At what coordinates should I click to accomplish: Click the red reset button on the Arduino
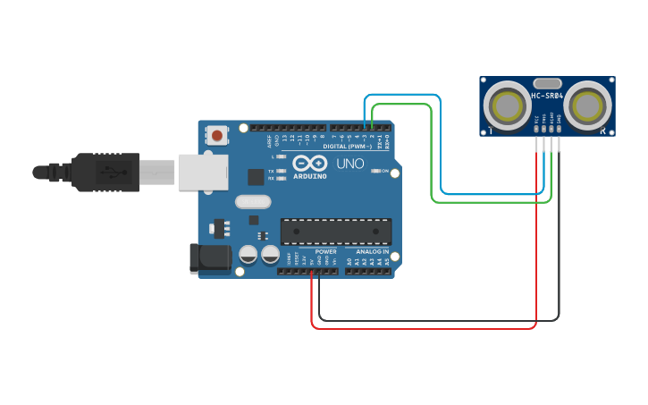coord(216,136)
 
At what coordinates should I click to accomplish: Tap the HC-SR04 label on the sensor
coord(547,96)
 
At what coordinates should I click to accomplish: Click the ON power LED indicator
coord(375,171)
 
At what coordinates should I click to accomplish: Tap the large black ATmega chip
coord(335,232)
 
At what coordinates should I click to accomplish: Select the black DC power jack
coord(209,258)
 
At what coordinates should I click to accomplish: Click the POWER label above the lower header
coord(325,252)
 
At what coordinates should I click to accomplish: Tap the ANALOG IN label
coord(372,252)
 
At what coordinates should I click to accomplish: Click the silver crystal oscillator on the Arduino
coord(253,202)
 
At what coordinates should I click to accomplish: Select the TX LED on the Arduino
coord(281,170)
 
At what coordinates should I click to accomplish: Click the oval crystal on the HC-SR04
coord(547,82)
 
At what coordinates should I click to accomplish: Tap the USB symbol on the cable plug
coord(112,172)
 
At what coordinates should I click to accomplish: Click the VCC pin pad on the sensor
coord(536,129)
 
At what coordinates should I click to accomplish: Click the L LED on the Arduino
coord(281,156)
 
